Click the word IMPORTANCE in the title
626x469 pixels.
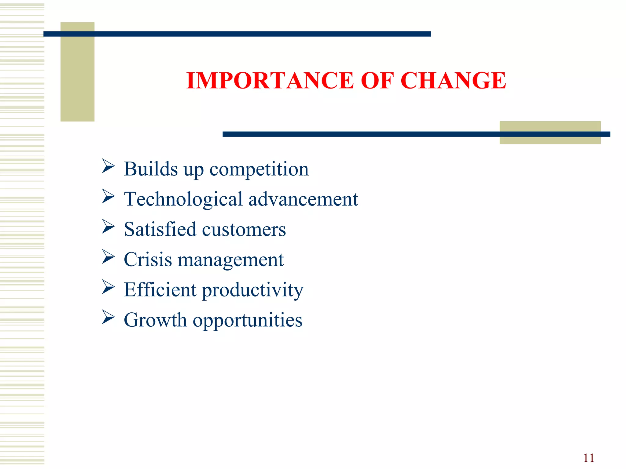click(270, 81)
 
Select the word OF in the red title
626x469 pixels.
click(377, 81)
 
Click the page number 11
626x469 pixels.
click(589, 458)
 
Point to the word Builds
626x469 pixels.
click(151, 169)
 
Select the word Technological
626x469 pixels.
click(183, 199)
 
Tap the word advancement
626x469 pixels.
click(303, 199)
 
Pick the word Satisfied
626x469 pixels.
click(160, 229)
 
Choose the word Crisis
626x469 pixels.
click(148, 260)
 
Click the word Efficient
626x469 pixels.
click(160, 289)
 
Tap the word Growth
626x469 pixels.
click(155, 320)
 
